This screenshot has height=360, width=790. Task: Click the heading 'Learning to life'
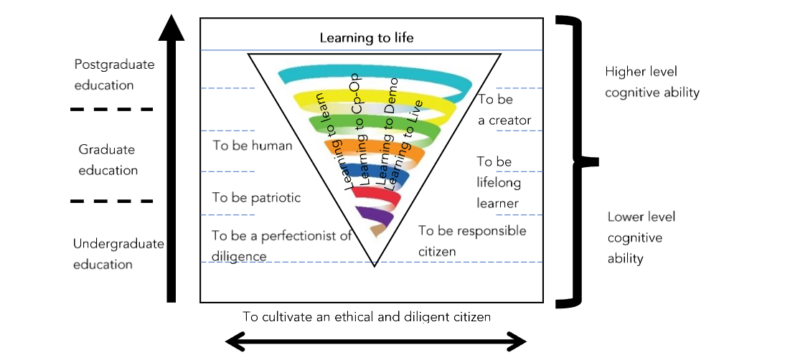coord(367,38)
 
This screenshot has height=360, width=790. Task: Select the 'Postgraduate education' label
coord(114,75)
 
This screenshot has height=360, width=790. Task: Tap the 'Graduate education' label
coord(108,160)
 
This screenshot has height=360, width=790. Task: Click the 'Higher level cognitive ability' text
coord(652,82)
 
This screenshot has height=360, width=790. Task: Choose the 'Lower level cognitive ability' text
coord(641,237)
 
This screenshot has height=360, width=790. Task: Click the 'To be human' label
coord(253,146)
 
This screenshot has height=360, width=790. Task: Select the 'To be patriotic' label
coord(256,198)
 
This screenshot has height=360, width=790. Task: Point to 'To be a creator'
coord(504,110)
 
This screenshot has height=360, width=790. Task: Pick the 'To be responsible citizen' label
coord(471,241)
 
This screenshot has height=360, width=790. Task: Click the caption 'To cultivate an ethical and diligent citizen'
coord(366,316)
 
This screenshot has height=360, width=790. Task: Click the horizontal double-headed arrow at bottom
coord(377,341)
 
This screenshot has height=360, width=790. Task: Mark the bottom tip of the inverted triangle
coord(374,265)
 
